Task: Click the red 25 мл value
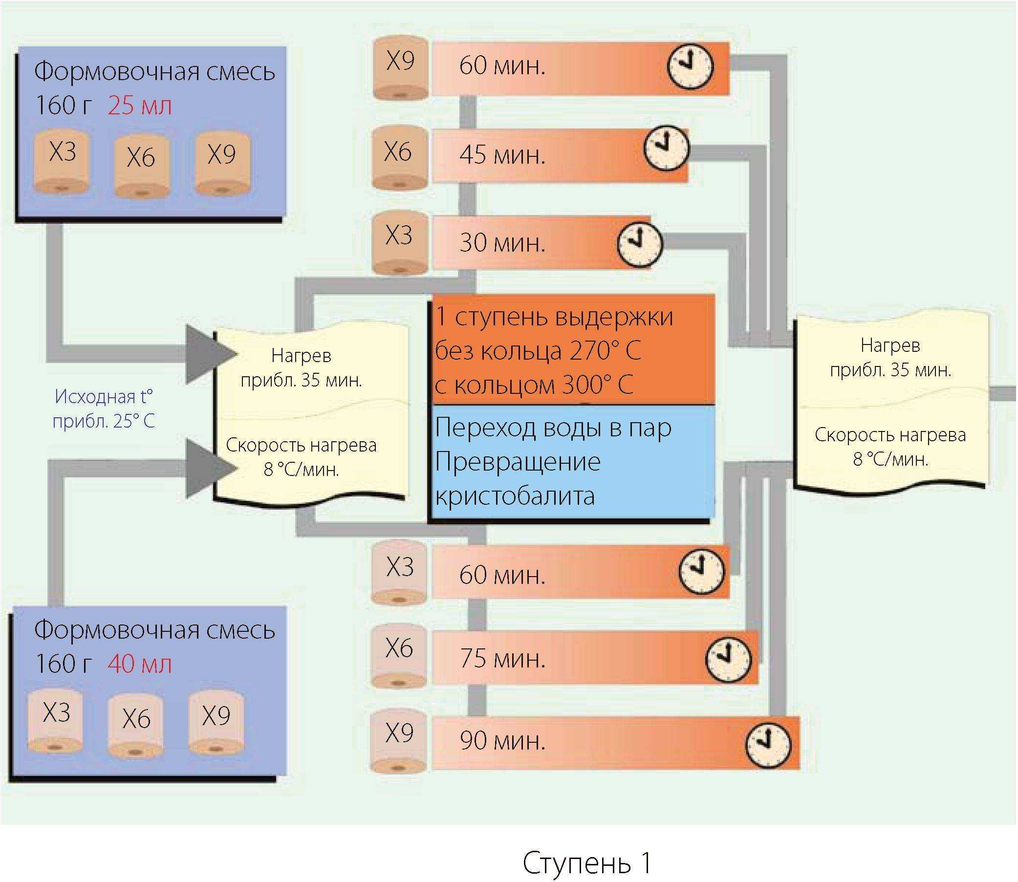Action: [x=140, y=106]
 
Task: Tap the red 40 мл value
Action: [x=140, y=664]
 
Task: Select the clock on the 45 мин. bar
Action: [x=667, y=148]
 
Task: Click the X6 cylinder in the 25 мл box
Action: [x=141, y=167]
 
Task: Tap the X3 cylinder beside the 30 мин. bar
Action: [x=399, y=243]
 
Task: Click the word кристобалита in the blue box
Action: [x=515, y=495]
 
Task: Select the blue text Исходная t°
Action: [x=104, y=396]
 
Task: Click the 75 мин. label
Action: [x=502, y=659]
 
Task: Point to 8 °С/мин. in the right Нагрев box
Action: [x=890, y=459]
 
